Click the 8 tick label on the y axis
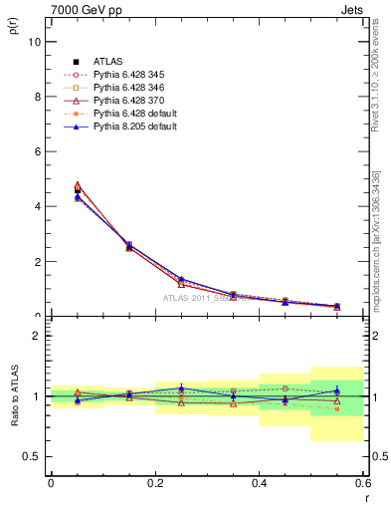coord(37,97)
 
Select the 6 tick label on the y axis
coord(37,151)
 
